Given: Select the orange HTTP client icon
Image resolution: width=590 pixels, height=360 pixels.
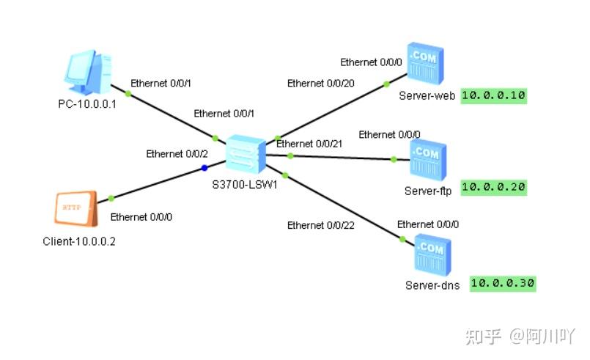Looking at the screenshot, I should (75, 208).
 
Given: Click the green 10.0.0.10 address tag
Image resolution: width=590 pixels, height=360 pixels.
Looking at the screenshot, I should (494, 95).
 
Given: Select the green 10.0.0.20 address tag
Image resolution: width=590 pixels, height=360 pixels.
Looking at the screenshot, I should (494, 187).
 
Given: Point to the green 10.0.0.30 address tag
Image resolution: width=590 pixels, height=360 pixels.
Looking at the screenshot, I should (503, 283).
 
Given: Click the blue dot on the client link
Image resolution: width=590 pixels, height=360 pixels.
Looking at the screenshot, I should (204, 168).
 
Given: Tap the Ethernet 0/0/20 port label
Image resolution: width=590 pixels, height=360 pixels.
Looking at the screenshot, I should (320, 83).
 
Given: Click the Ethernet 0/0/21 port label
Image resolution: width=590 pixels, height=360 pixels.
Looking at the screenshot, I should (309, 144).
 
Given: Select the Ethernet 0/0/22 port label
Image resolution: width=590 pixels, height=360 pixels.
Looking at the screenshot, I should (320, 225).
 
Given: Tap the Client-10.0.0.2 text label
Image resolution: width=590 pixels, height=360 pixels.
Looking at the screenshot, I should (78, 241).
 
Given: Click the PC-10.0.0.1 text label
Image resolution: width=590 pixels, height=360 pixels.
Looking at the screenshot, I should (87, 103).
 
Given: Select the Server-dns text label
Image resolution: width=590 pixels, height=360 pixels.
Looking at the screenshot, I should (432, 285).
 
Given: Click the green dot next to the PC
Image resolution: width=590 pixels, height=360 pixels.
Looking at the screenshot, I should (128, 93).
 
